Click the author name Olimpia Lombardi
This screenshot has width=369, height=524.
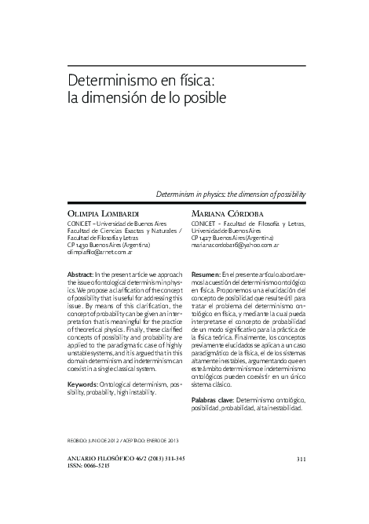click(x=106, y=213)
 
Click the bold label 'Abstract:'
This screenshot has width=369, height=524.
click(x=83, y=272)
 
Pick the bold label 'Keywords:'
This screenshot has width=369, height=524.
click(x=86, y=384)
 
